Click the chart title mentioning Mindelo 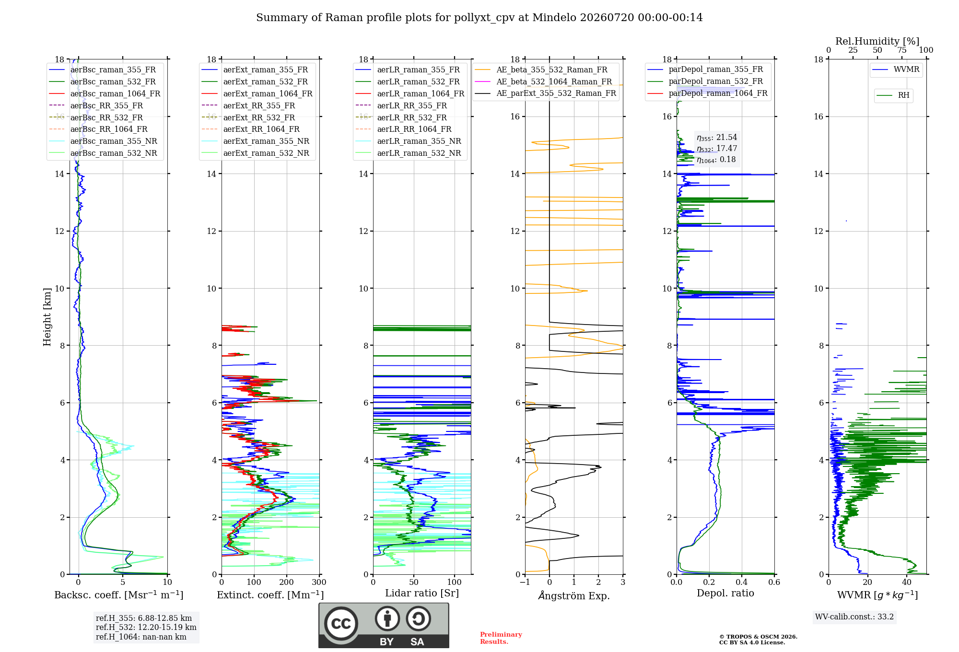pyautogui.click(x=479, y=18)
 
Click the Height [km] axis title pyautogui.click(x=47, y=317)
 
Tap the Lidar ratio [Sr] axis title pyautogui.click(x=422, y=593)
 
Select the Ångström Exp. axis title pyautogui.click(x=574, y=595)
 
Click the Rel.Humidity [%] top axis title pyautogui.click(x=877, y=41)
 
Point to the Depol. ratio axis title pyautogui.click(x=725, y=593)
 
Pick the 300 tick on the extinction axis pyautogui.click(x=319, y=582)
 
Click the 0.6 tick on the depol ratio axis pyautogui.click(x=774, y=582)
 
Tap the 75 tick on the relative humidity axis pyautogui.click(x=902, y=50)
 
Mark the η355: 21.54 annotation pyautogui.click(x=717, y=138)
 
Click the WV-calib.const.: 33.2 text pyautogui.click(x=854, y=617)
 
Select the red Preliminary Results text pyautogui.click(x=501, y=638)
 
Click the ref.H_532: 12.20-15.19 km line pyautogui.click(x=146, y=627)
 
